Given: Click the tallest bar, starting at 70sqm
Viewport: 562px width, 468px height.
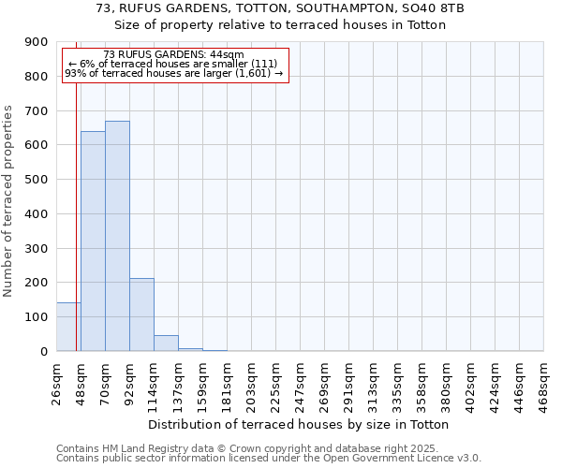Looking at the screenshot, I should click(x=117, y=236).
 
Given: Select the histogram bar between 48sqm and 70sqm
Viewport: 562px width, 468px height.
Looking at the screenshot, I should click(x=93, y=241).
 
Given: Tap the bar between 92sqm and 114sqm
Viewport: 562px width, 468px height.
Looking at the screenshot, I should click(x=141, y=314).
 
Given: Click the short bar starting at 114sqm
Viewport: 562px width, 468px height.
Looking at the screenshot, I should click(x=166, y=344).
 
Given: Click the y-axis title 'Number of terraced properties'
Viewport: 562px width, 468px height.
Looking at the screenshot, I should click(x=8, y=201).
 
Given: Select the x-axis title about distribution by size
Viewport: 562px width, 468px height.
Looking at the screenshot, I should click(x=300, y=424).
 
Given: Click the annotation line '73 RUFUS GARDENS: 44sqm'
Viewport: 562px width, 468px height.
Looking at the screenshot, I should click(x=173, y=55).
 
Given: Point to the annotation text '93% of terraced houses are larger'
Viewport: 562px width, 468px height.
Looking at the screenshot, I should click(x=173, y=73).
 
